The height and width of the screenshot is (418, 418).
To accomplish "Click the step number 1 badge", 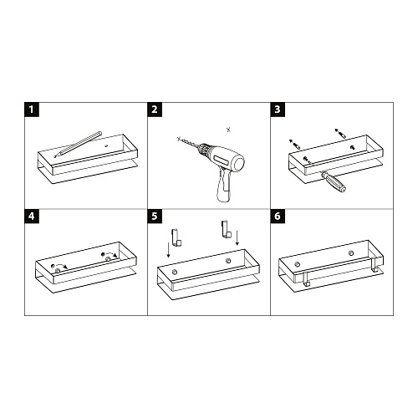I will (32, 110).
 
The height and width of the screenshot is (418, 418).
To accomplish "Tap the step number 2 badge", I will (155, 110).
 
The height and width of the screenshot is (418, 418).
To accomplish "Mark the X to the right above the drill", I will (229, 129).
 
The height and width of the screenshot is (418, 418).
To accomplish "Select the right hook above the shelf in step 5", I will (225, 227).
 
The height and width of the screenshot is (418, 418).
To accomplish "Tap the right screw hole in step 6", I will (350, 252).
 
